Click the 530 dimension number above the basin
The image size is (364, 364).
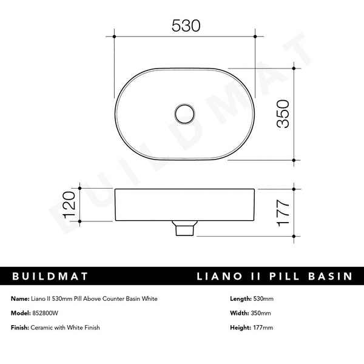[186, 25]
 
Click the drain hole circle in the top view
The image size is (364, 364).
[184, 113]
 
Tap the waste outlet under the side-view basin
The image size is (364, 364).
[184, 229]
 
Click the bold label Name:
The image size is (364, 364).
[20, 299]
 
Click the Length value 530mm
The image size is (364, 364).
[263, 299]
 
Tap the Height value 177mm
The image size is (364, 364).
[262, 328]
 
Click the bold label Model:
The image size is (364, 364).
[21, 313]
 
